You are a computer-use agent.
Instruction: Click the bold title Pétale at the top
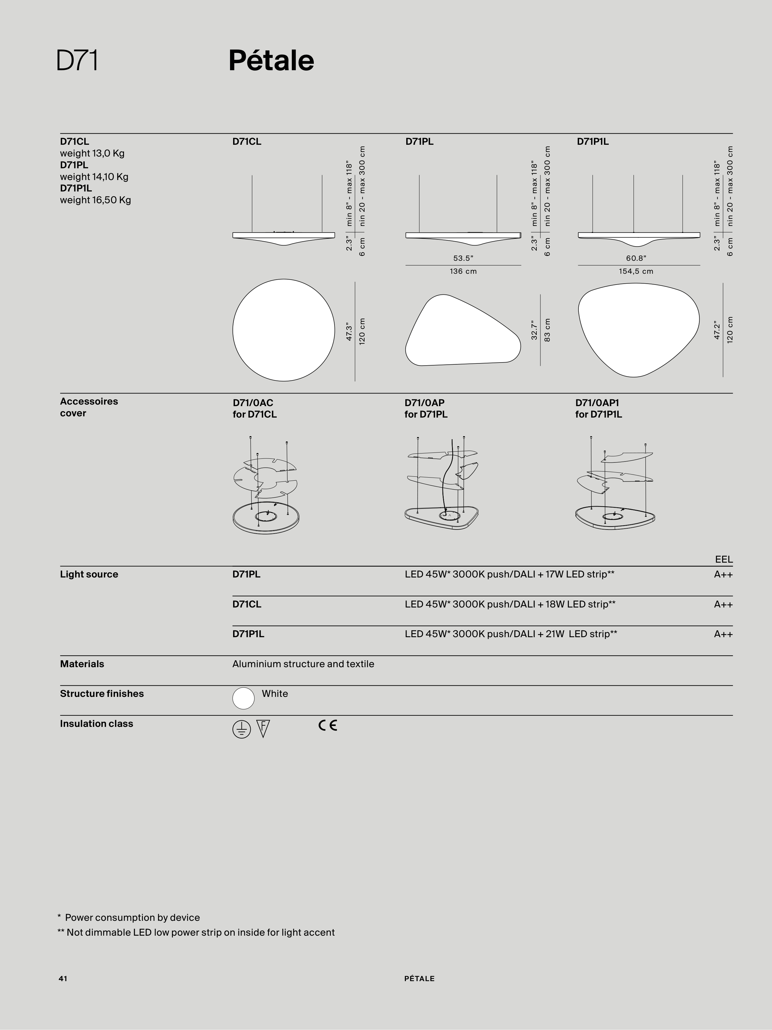(271, 61)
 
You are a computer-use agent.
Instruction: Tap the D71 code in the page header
(77, 61)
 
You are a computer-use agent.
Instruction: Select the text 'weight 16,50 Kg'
(96, 200)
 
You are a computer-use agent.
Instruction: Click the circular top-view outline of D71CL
(233, 330)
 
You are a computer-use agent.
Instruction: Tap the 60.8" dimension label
(636, 258)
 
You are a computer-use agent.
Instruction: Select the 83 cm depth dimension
(547, 330)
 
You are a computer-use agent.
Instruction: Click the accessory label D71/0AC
(253, 402)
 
